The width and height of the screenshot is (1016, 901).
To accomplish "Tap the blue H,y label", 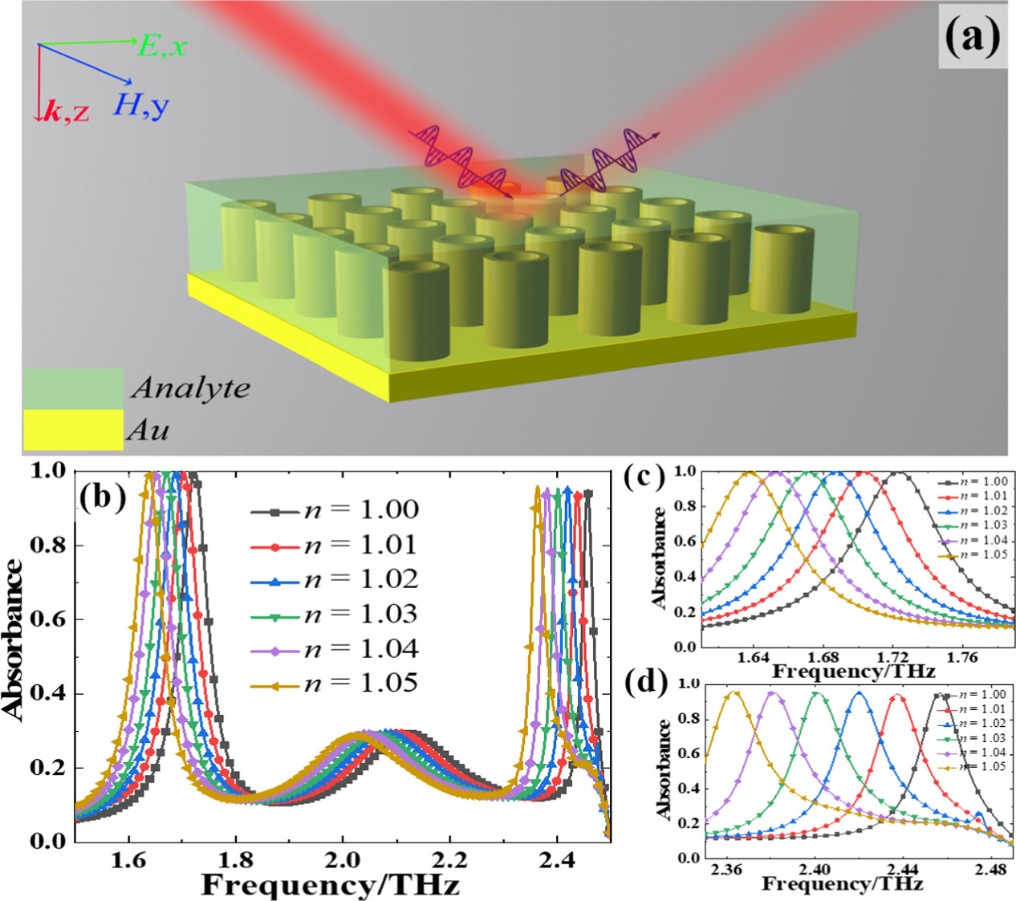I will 141,103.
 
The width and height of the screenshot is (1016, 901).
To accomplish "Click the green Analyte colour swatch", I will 72,388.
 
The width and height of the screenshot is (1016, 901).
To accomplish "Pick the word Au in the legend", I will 148,431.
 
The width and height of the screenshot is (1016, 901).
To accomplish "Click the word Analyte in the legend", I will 191,388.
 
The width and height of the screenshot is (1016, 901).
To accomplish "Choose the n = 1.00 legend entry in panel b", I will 334,510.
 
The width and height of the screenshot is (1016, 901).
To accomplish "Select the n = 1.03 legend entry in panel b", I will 334,615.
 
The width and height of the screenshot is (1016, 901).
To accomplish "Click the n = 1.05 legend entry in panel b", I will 334,684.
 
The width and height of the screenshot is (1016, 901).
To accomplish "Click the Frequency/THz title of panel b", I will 330,885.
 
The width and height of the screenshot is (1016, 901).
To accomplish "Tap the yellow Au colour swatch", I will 72,430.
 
